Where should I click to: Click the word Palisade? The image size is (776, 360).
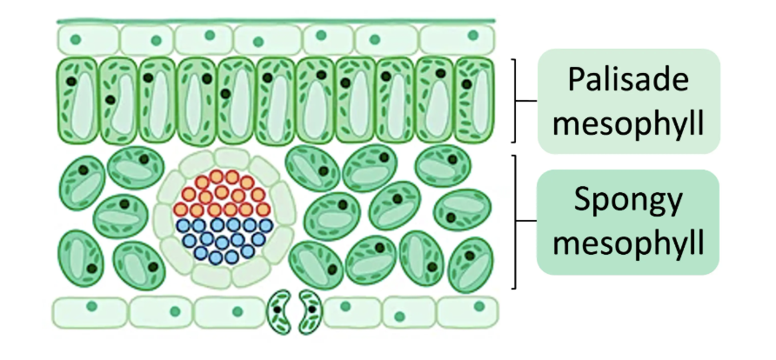click(628, 79)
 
